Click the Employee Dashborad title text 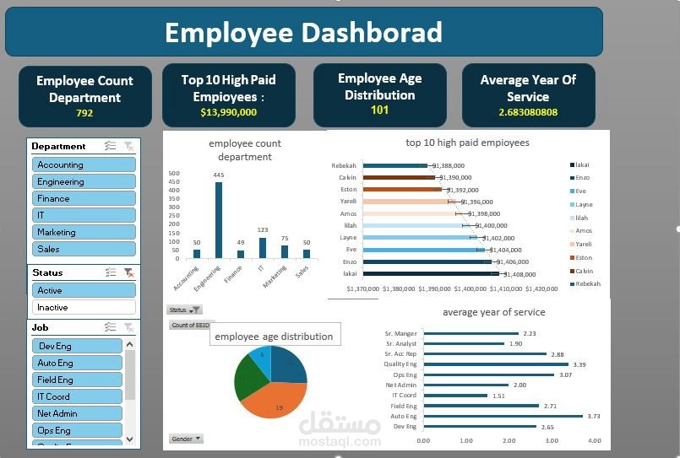tap(303, 32)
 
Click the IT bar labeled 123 tap(262, 247)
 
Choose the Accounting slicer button tap(84, 164)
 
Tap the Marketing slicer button tap(84, 232)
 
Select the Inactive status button tap(84, 307)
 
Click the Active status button tap(84, 290)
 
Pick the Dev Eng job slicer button tap(78, 346)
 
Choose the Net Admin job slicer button tap(78, 413)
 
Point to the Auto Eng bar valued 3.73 tap(503, 416)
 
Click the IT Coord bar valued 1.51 tap(455, 395)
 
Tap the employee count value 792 tap(84, 113)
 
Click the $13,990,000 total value tap(228, 111)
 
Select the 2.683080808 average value tap(528, 112)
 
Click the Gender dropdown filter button tap(186, 439)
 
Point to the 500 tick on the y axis tap(174, 173)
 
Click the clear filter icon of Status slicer tap(128, 272)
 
